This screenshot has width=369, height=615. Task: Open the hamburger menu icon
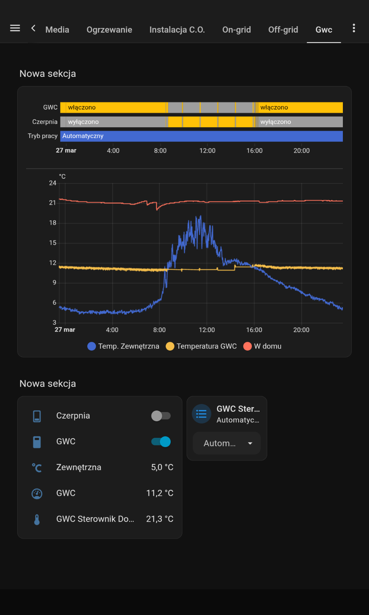15,28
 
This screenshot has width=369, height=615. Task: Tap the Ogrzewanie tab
109,30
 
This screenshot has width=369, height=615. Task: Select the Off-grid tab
283,30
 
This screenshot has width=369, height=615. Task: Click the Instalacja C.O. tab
177,30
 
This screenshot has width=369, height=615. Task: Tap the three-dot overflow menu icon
354,28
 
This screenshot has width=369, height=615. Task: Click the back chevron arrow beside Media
33,28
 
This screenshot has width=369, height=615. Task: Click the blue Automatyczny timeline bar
201,136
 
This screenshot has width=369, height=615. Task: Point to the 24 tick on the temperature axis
52,183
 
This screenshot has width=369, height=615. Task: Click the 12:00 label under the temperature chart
207,330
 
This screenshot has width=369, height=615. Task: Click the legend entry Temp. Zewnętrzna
123,346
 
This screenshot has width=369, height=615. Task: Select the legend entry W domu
262,346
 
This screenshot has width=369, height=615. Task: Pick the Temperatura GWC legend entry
201,346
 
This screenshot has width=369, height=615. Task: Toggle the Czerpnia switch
161,416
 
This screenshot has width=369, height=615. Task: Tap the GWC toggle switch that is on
161,442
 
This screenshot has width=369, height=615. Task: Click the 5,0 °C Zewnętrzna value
162,467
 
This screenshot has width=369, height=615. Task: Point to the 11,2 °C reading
160,493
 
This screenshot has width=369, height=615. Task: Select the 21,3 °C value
160,519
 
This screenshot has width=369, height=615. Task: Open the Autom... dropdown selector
227,443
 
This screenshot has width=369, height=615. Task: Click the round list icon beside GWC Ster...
201,414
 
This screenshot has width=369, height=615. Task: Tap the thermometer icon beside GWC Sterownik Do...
37,519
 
